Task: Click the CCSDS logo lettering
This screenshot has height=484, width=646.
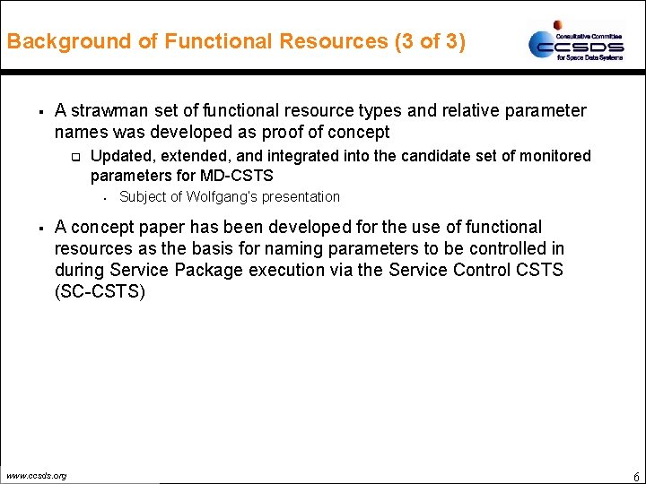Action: click(573, 44)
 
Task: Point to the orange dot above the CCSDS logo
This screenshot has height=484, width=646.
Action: click(558, 25)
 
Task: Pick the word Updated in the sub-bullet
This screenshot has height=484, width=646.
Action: click(119, 156)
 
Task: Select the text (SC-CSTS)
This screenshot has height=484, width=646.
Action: click(99, 291)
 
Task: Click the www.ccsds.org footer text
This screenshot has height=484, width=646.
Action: click(35, 475)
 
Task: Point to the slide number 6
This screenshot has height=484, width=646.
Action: click(635, 476)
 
